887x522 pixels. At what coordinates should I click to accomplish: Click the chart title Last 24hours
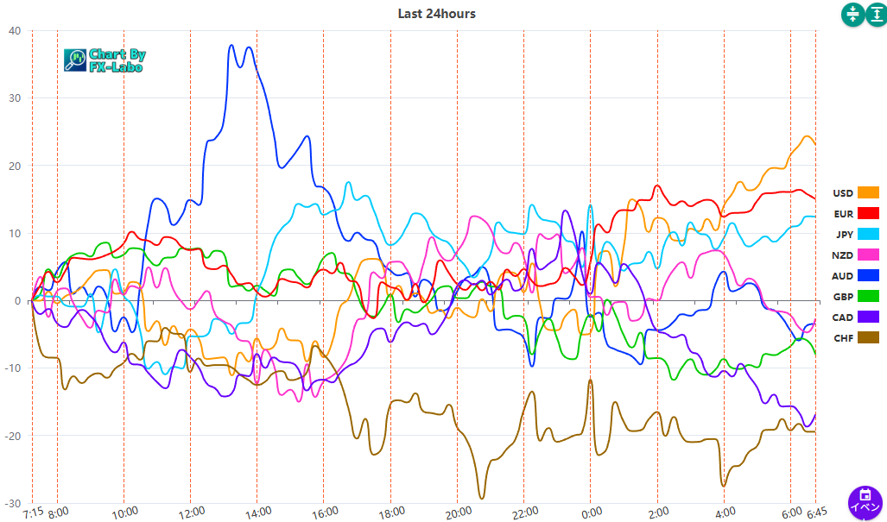click(x=436, y=14)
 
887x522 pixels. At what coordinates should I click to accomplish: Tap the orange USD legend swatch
click(x=868, y=192)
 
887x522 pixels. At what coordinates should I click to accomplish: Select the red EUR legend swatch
click(x=868, y=213)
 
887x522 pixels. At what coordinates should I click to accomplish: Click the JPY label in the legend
click(x=844, y=235)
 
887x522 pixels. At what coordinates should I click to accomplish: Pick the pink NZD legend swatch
click(x=868, y=255)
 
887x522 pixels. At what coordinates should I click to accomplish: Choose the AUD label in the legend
click(x=843, y=276)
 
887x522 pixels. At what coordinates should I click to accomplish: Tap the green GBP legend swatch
click(x=868, y=297)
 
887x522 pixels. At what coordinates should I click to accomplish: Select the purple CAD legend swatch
click(x=868, y=318)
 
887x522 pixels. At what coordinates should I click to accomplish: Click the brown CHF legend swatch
click(x=868, y=338)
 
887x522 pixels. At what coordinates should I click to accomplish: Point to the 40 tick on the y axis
click(x=15, y=31)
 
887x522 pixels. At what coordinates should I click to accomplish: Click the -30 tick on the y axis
click(x=13, y=504)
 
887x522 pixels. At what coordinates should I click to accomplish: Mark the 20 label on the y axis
click(x=15, y=166)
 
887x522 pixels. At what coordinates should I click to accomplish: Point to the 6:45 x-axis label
click(x=815, y=513)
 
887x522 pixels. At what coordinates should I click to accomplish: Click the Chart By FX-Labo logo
click(x=105, y=60)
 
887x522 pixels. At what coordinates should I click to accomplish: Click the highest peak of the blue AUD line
click(x=231, y=45)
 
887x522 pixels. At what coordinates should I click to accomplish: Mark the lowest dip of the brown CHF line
click(x=481, y=498)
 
